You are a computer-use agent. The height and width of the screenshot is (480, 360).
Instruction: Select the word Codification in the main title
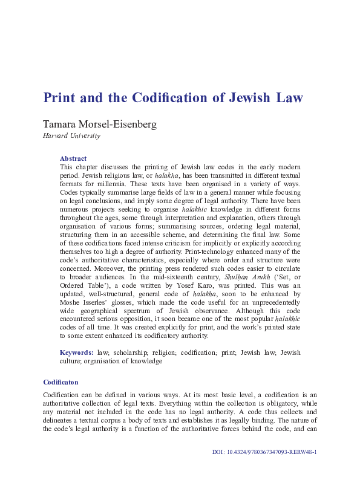174,98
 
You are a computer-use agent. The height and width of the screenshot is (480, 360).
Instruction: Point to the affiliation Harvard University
71,136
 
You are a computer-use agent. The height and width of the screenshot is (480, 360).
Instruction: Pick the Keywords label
76,352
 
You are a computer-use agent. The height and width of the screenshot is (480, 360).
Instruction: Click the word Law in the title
287,98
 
